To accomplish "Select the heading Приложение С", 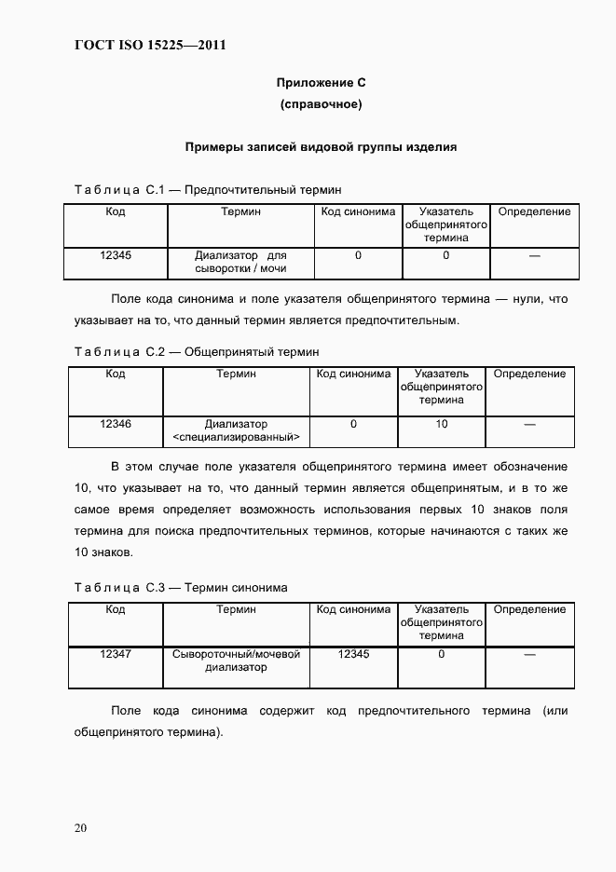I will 321,84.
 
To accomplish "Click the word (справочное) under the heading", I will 321,104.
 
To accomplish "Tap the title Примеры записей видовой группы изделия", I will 321,146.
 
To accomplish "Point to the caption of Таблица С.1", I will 208,190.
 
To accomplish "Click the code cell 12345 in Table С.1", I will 116,254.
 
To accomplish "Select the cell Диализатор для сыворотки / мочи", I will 240,262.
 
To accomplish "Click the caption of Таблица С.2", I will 196,352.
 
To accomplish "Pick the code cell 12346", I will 116,424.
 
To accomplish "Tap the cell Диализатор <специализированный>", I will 236,429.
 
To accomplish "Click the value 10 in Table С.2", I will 442,424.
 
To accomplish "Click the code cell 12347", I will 116,654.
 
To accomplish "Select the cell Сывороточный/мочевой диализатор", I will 236,661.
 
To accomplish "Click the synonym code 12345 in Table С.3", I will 353,654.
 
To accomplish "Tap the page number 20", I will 81,827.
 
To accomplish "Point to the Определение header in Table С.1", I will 534,211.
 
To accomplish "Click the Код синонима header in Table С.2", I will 353,374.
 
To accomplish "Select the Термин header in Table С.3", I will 236,609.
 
